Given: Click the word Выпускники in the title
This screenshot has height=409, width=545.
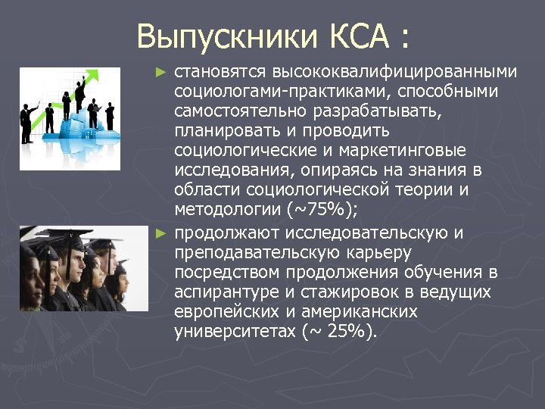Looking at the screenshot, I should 227,36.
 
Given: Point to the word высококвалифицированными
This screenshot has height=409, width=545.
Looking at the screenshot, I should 395,73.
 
